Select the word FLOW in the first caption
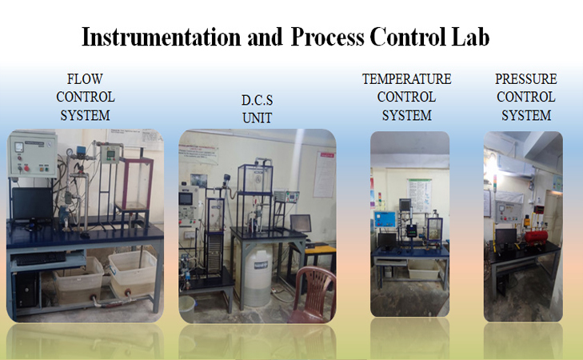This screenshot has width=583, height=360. click(x=85, y=78)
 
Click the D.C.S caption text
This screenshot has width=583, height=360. click(x=258, y=102)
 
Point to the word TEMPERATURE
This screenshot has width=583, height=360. click(x=406, y=79)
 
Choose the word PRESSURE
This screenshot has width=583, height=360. click(x=525, y=79)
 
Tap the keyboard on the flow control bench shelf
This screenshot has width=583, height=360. click(x=37, y=258)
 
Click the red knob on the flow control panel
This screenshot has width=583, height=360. click(x=25, y=169)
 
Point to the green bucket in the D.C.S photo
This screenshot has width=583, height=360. click(x=186, y=305)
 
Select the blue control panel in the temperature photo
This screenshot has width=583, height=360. click(x=385, y=218)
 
